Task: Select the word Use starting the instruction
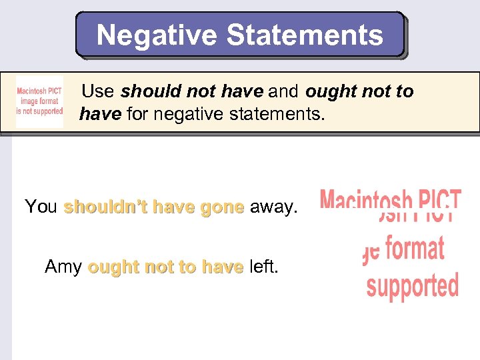coord(98,91)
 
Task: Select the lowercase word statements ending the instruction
coord(280,115)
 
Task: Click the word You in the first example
coord(41,207)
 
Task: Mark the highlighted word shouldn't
coord(105,207)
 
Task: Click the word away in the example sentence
coord(273,207)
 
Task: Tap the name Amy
coord(63,267)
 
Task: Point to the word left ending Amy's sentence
coord(263,267)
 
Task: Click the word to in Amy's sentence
coord(189,267)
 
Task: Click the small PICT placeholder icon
coord(40,102)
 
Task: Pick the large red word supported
coord(413,285)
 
